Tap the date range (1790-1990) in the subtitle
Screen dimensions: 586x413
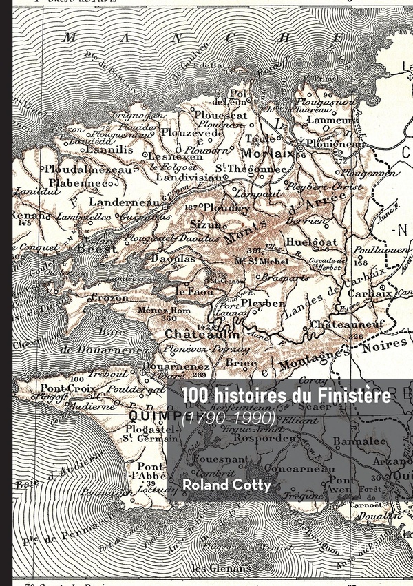[x=229, y=417]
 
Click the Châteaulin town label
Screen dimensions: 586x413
[x=202, y=333]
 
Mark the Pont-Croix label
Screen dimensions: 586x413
[x=63, y=388]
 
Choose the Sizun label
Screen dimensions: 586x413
[x=205, y=224]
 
